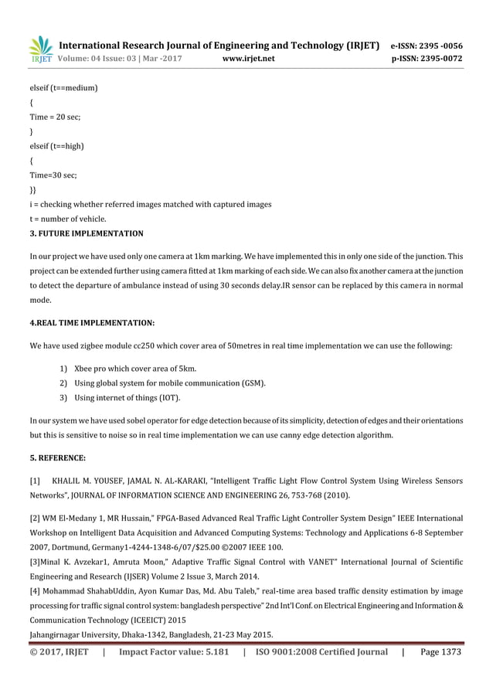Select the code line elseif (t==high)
coord(56,146)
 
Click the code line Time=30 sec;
coord(53,175)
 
